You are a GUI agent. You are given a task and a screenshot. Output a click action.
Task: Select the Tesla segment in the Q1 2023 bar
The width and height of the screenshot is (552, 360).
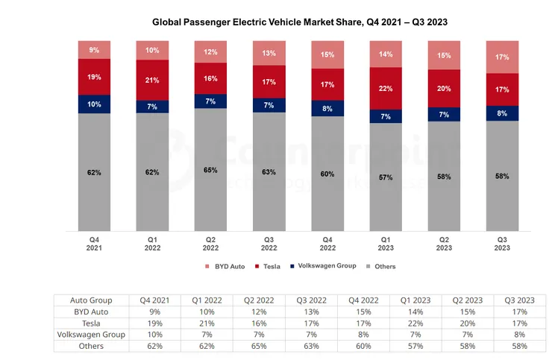click(x=386, y=89)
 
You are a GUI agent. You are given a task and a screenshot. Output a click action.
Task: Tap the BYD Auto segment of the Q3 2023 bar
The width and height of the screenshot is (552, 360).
click(x=503, y=57)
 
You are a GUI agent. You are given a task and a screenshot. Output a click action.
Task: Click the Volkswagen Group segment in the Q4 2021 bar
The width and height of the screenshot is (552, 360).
click(x=94, y=104)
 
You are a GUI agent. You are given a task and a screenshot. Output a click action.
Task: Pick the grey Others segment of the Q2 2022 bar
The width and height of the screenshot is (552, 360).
click(x=211, y=170)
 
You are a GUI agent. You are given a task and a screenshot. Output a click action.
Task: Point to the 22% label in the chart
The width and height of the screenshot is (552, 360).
click(x=386, y=89)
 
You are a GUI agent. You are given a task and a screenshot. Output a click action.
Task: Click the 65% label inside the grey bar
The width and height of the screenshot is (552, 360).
click(x=211, y=170)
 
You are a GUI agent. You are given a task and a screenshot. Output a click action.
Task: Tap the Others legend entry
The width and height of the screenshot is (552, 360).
click(x=381, y=266)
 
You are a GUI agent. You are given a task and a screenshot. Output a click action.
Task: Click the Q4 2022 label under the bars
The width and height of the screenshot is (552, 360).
click(x=327, y=244)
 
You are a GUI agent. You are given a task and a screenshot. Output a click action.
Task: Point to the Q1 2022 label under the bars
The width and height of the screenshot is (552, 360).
click(x=153, y=244)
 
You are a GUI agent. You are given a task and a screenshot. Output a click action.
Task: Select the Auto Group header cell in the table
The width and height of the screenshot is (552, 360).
click(x=91, y=299)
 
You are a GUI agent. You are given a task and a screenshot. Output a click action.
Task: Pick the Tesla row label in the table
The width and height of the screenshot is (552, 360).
click(x=91, y=323)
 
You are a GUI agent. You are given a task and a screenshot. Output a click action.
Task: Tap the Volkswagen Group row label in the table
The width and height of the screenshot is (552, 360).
click(x=91, y=335)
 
